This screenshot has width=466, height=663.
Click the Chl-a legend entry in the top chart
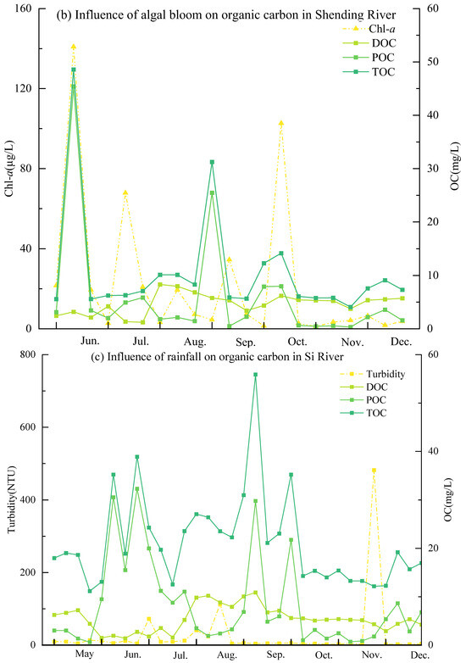pos(369,29)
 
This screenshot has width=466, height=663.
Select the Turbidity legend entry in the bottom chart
pos(372,374)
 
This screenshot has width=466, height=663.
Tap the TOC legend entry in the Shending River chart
pos(369,72)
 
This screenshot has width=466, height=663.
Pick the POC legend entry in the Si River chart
pos(363,400)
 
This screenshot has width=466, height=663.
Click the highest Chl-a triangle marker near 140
pos(74,47)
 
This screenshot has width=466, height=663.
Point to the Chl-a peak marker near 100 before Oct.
pos(281,123)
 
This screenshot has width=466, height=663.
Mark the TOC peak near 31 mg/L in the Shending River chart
pos(212,162)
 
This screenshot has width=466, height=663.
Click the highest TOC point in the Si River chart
pos(255,374)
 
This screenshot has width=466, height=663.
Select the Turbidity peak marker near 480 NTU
pos(374,470)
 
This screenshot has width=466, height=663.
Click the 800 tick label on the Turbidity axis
pos(27,354)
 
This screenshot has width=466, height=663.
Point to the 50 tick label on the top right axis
pos(434,62)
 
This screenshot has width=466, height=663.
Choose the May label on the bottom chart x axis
pos(85,654)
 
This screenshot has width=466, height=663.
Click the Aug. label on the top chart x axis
pos(195,342)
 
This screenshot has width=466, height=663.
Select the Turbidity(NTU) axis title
pos(12,499)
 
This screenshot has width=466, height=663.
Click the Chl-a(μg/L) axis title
pos(10,168)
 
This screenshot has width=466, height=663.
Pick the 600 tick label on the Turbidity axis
pos(27,427)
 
